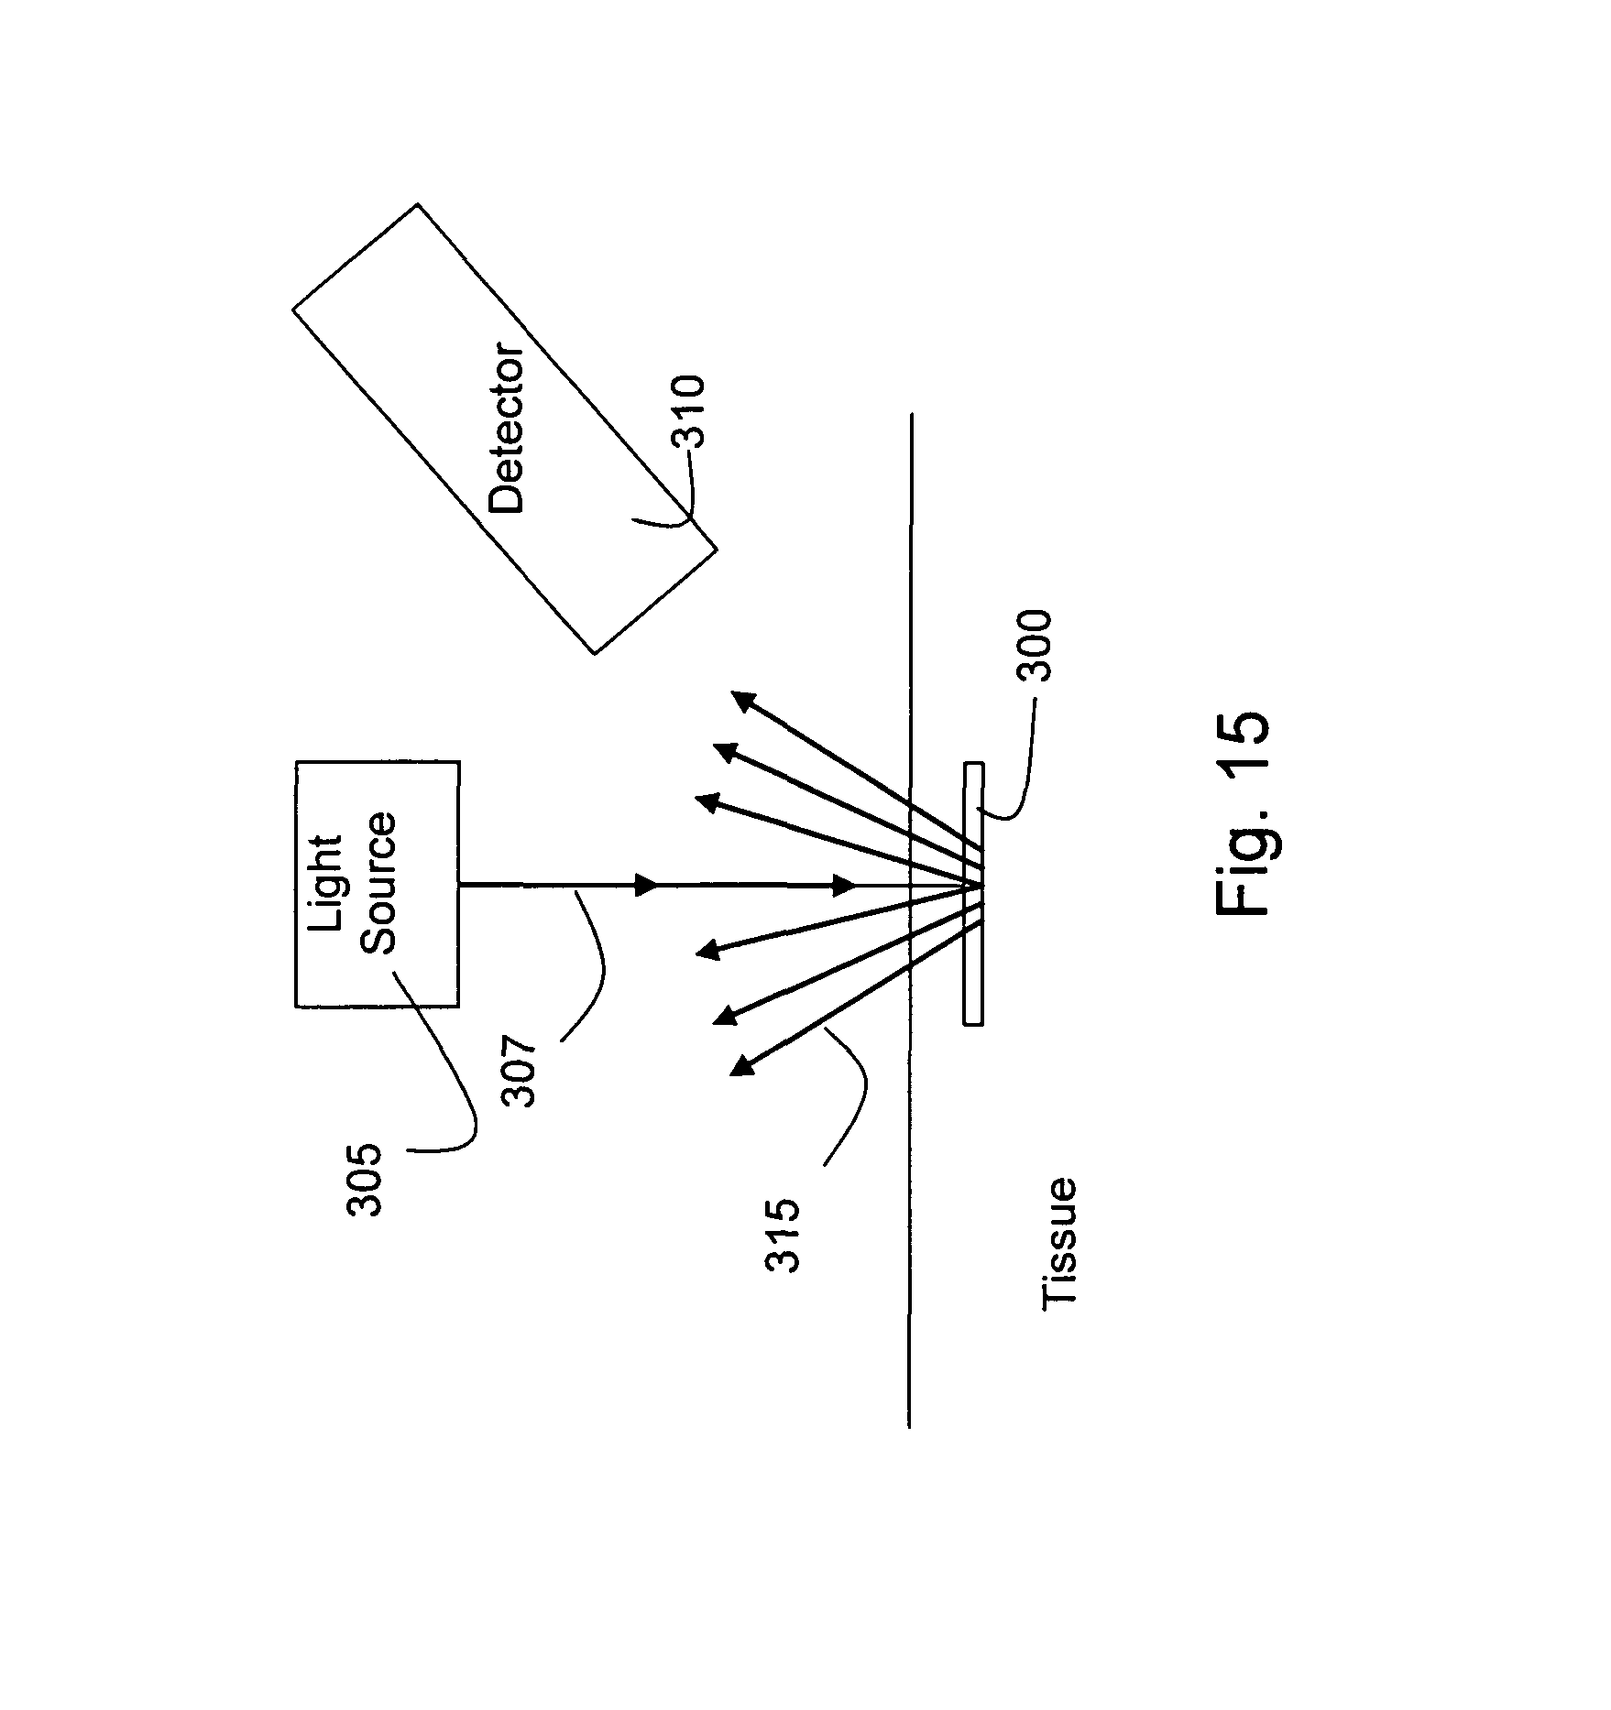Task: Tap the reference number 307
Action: click(x=520, y=1071)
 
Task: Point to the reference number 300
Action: click(x=1036, y=646)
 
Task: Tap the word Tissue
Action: click(x=1059, y=1244)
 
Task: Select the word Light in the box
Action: click(x=325, y=883)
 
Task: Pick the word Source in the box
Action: click(x=377, y=883)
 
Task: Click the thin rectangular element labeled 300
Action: click(x=973, y=893)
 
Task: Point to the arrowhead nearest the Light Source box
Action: click(x=647, y=886)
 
